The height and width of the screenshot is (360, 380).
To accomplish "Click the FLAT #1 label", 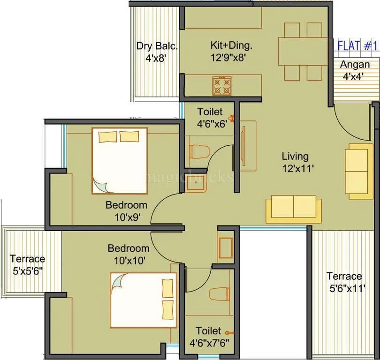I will coord(358,46).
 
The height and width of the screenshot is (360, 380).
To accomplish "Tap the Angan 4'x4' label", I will coord(355,69).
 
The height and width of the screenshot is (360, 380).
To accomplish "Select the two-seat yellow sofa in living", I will coord(294,208).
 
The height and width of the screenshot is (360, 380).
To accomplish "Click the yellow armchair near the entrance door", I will coord(358,171).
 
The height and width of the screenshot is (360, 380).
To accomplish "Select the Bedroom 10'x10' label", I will coord(128,254).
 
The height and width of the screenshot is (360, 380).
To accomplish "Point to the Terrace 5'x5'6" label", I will coord(27,264).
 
